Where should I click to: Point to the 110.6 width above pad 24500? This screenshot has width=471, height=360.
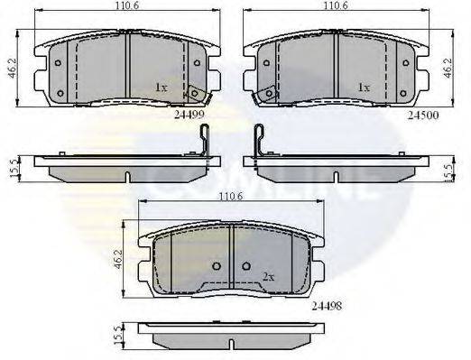(346, 7)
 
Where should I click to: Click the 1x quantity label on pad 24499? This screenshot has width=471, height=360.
(161, 88)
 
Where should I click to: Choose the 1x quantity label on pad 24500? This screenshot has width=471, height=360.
(365, 88)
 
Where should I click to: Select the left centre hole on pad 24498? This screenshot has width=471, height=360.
(217, 267)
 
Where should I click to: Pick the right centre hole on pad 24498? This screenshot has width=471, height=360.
(246, 267)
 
